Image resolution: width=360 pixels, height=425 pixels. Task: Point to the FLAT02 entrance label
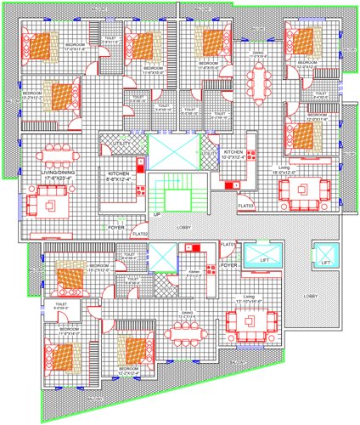[140, 233]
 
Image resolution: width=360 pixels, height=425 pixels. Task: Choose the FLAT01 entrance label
[228, 245]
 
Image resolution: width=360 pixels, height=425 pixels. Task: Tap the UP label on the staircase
[156, 214]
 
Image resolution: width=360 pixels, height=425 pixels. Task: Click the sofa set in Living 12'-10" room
[251, 323]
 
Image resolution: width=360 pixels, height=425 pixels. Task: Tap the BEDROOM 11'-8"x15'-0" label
[154, 68]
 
